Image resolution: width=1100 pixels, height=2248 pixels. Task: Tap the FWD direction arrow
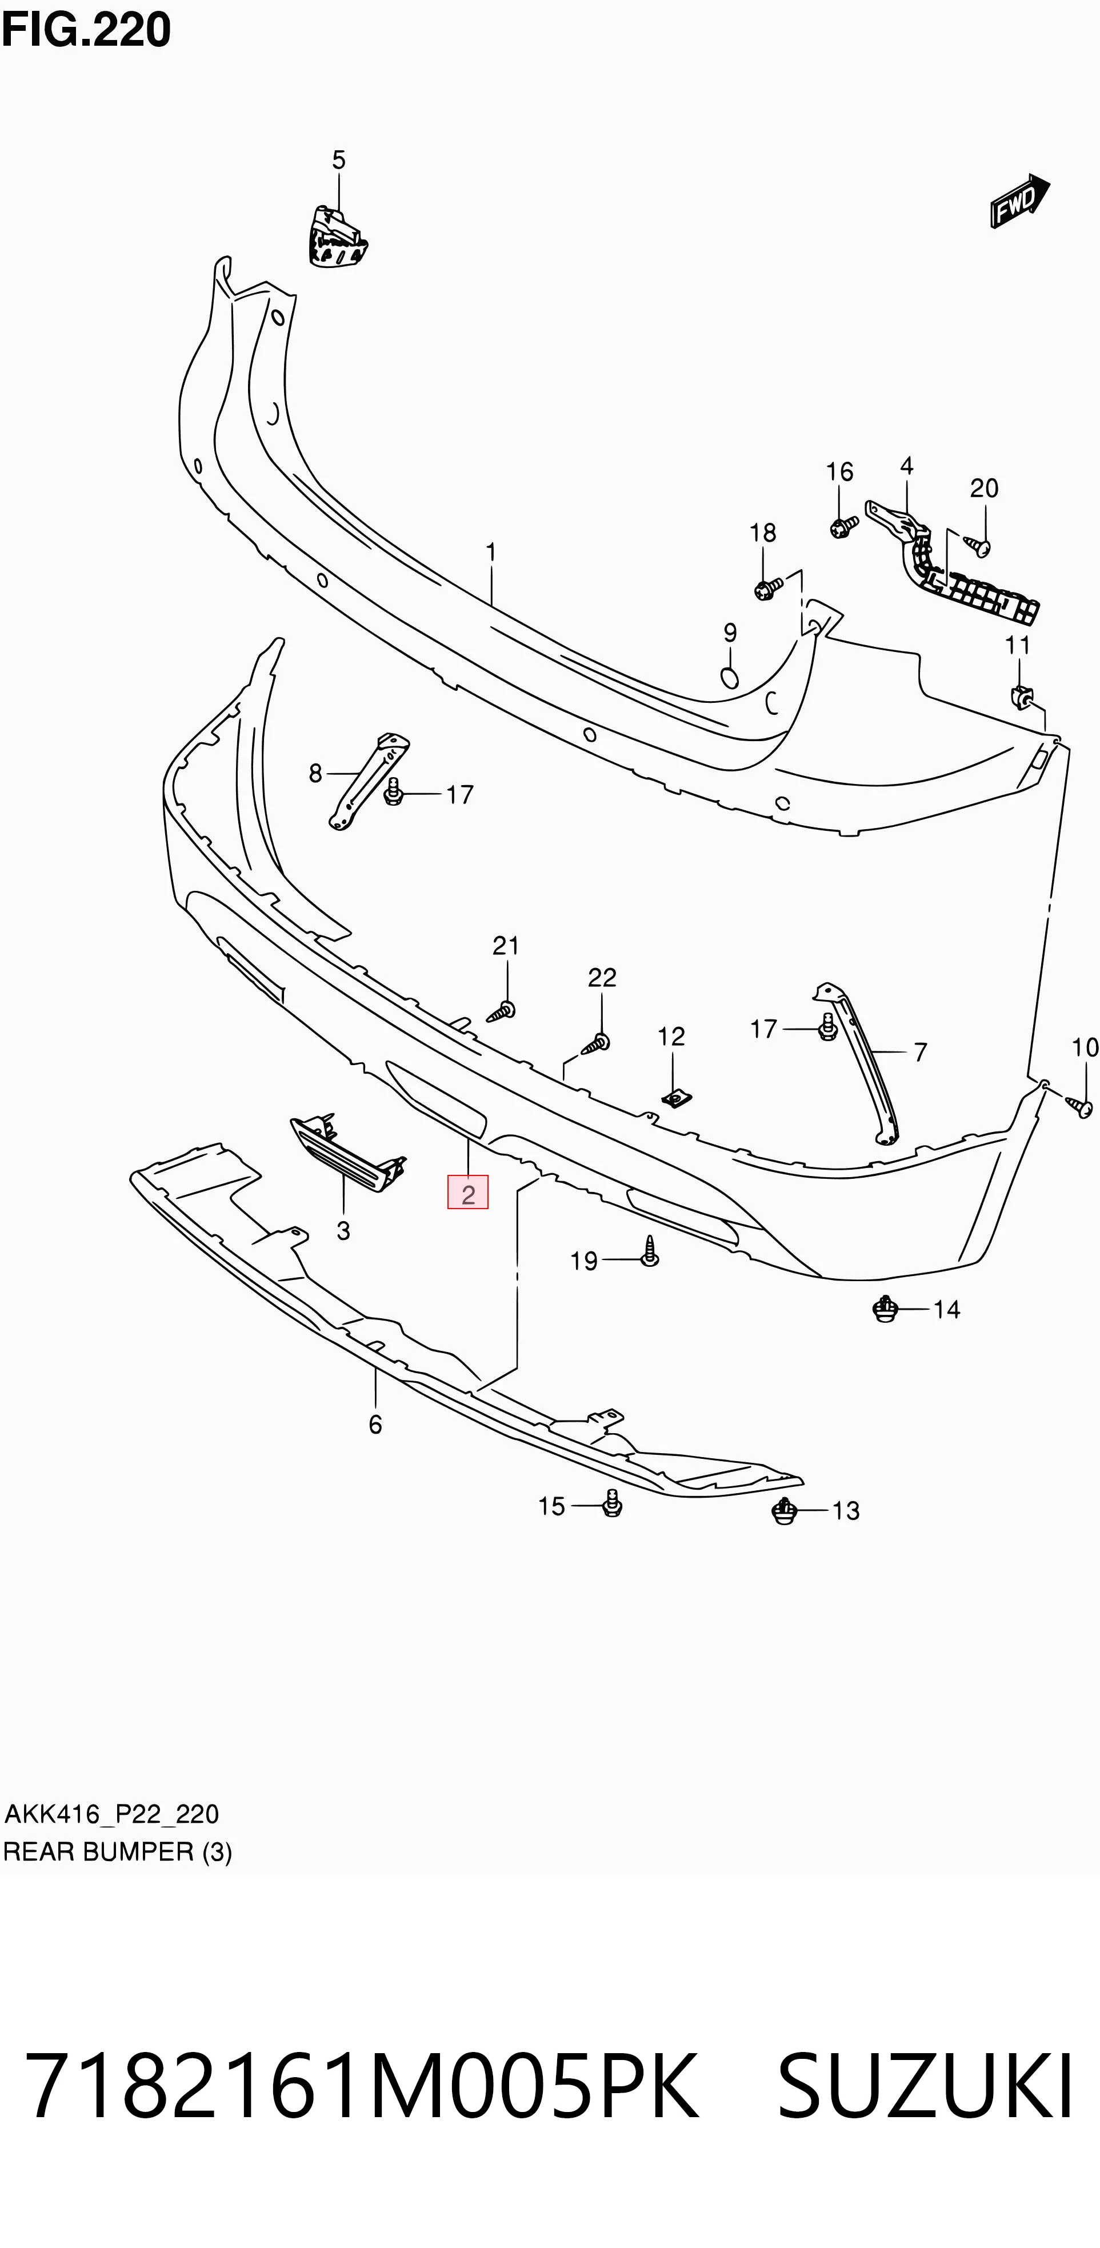(x=1019, y=201)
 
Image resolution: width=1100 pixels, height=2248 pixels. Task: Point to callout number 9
(x=730, y=633)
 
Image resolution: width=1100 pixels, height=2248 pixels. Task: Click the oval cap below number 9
(x=730, y=677)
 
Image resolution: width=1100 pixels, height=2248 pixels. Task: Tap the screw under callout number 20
(x=978, y=545)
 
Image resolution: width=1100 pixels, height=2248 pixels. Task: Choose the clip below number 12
(x=672, y=1099)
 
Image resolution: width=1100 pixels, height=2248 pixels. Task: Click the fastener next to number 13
(x=785, y=1511)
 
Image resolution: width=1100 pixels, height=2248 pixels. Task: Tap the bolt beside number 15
(x=612, y=1503)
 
